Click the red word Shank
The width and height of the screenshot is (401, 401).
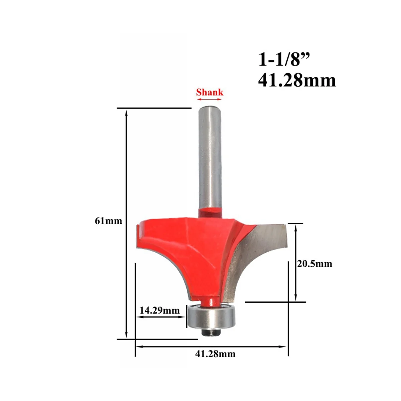(x=210, y=92)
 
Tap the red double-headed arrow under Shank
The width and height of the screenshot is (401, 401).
(x=210, y=99)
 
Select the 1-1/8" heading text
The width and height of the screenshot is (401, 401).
(x=285, y=60)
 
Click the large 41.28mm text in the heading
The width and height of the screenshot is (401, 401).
(x=297, y=81)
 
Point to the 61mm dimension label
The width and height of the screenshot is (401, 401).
(x=108, y=221)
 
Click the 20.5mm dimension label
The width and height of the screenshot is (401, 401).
(x=315, y=264)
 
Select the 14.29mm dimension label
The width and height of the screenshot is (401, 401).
(x=159, y=310)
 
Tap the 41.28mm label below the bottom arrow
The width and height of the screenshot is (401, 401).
(x=215, y=354)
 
